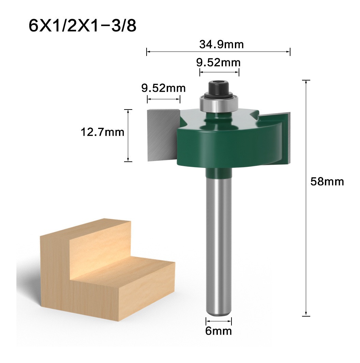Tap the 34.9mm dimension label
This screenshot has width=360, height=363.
pos(221,44)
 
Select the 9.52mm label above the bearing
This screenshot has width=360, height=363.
pos(219,62)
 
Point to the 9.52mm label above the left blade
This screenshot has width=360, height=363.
pos(164,88)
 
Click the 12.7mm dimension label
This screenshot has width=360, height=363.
pos(102,132)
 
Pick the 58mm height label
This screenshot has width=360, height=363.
pos(327,181)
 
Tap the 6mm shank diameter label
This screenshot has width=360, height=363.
pos(219,331)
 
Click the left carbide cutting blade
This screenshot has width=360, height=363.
pos(163,135)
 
